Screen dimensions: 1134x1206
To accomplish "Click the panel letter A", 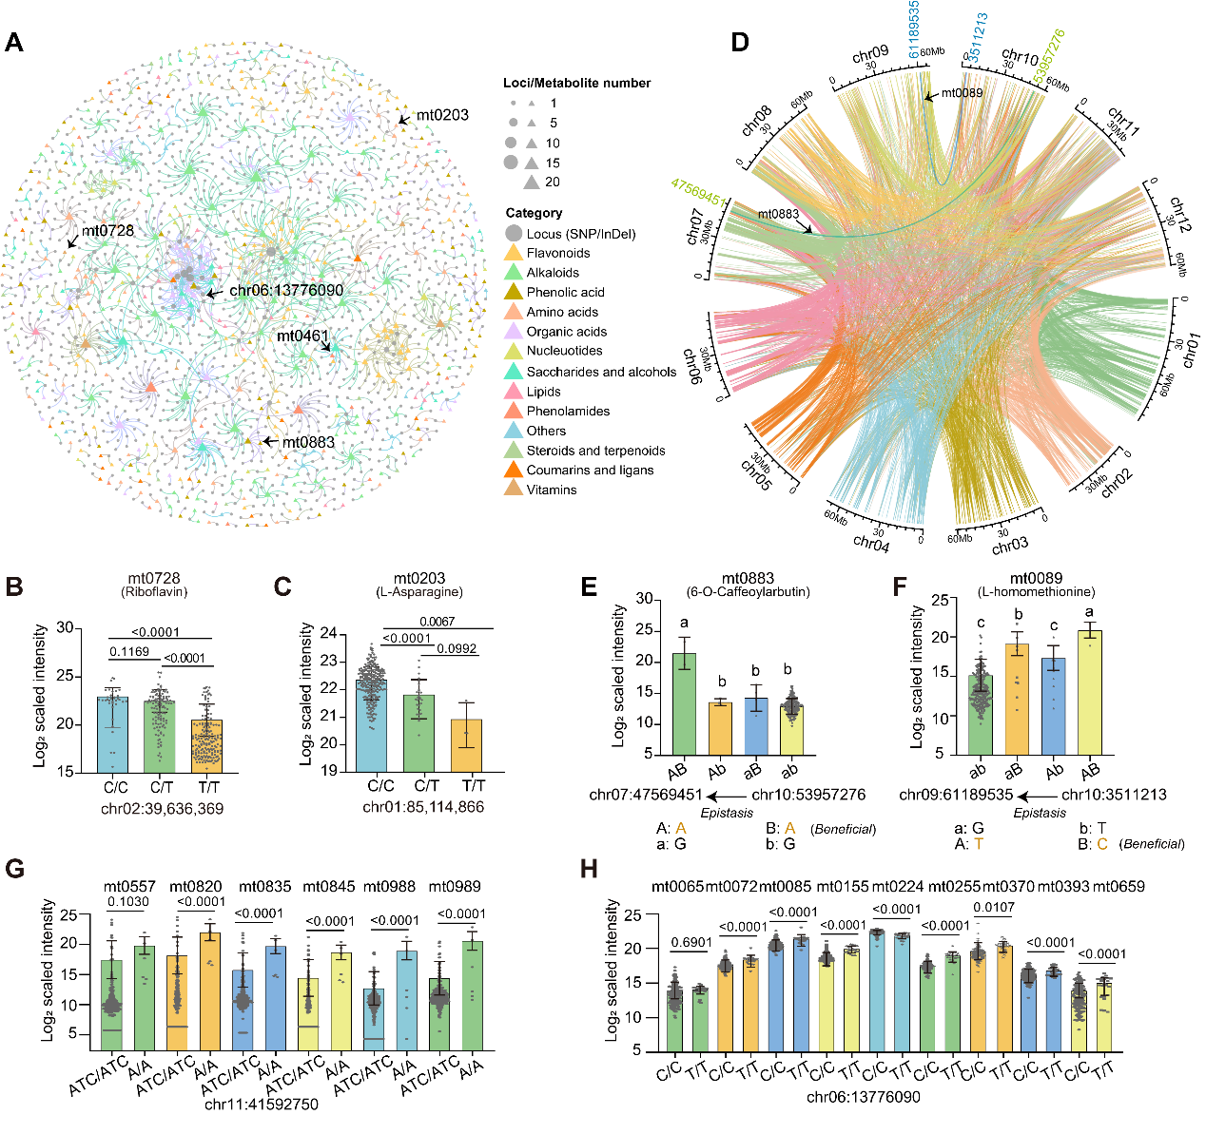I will [x=14, y=42].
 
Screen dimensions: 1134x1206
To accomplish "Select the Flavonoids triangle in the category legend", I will [x=514, y=253].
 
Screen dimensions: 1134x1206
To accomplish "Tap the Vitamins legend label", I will [x=552, y=490].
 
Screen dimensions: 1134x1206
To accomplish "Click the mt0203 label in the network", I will [x=442, y=115].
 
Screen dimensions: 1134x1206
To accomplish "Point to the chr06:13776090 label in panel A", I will [x=286, y=290].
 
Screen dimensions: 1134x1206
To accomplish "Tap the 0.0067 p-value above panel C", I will [x=437, y=622].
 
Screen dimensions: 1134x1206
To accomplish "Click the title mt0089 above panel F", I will [x=1036, y=578].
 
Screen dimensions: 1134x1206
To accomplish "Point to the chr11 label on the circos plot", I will [x=1123, y=122].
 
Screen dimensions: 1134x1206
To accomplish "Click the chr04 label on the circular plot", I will [x=871, y=543].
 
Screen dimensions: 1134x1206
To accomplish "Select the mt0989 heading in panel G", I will [x=455, y=886].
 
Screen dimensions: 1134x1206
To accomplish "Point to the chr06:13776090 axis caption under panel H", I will [x=863, y=1097].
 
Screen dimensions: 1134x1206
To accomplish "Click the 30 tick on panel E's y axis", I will [x=644, y=599].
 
